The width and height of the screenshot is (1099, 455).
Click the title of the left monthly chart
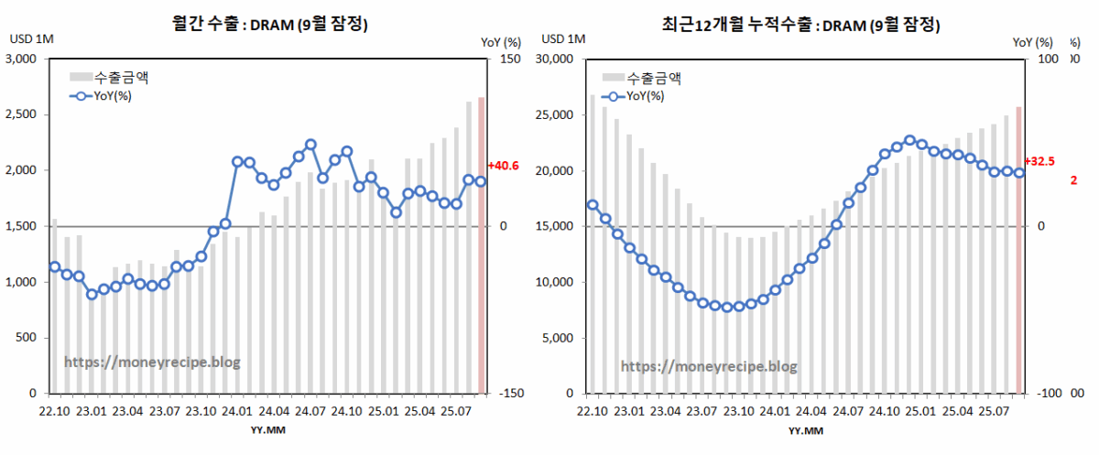[x=269, y=26]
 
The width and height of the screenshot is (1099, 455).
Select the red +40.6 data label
[x=503, y=166]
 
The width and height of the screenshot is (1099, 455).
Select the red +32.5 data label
[x=1041, y=161]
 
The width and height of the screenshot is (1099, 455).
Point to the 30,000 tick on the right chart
[x=553, y=60]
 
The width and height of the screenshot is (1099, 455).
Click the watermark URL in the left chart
[x=152, y=362]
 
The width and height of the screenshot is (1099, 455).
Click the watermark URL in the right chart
[x=709, y=366]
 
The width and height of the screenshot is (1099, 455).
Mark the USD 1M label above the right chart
[x=563, y=40]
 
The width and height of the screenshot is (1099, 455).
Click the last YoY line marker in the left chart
[x=481, y=181]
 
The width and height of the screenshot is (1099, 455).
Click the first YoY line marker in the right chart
[x=593, y=205]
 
